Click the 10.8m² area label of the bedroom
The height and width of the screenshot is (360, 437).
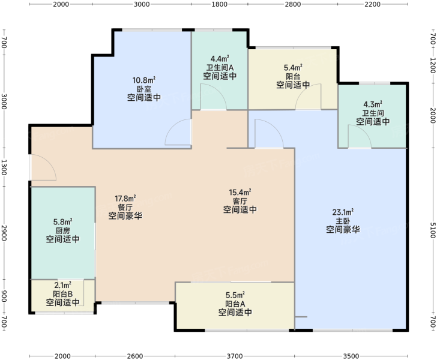coord(144,80)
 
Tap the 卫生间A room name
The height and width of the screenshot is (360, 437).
coord(220,67)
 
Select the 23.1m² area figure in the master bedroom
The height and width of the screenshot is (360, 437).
coord(343,212)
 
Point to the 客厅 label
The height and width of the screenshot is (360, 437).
coord(240,201)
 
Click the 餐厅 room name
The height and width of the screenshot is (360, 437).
coord(125,207)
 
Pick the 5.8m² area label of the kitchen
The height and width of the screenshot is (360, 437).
coord(63,222)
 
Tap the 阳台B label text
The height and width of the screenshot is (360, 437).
coord(62,294)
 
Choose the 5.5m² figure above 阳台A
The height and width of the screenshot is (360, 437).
coord(235,295)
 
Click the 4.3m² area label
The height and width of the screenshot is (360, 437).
coord(373,104)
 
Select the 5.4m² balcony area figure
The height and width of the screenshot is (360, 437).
coord(293,67)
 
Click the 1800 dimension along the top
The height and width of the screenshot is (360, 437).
coord(220,4)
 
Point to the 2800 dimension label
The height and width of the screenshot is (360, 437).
coord(293,4)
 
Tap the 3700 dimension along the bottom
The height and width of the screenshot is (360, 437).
coord(235,356)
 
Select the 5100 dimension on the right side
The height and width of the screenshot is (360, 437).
coord(433,230)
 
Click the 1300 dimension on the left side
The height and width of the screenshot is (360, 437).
coord(4,167)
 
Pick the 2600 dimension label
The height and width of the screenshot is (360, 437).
coord(135,356)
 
